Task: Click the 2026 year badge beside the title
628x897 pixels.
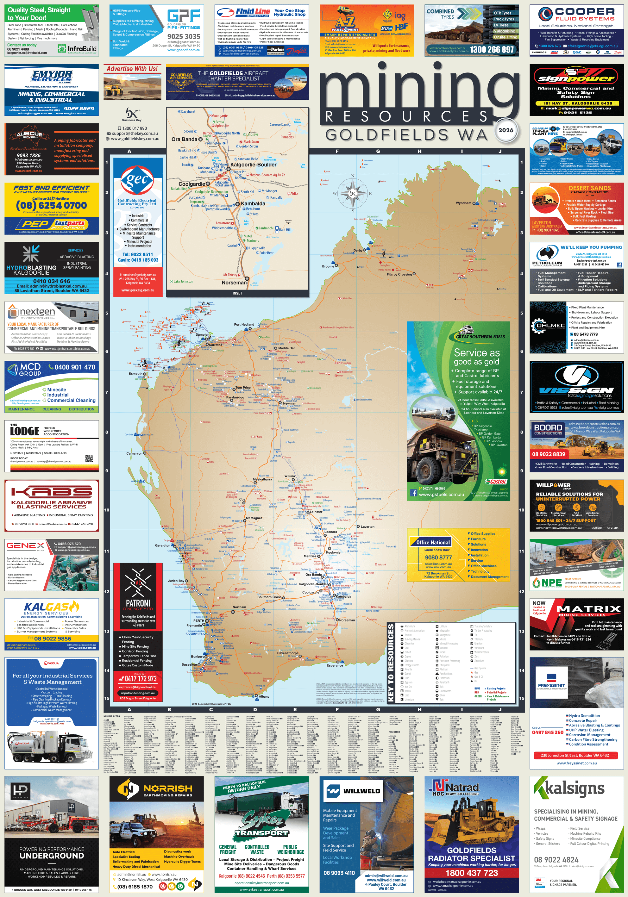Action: [506, 130]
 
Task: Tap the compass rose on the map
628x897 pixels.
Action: [353, 193]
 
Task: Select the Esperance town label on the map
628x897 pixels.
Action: [335, 665]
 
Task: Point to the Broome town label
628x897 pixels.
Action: [328, 266]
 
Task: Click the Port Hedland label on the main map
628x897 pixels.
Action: [244, 325]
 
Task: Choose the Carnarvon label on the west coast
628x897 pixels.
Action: [134, 454]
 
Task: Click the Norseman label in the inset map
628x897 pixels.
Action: [234, 283]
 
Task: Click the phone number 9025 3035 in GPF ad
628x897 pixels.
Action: [184, 36]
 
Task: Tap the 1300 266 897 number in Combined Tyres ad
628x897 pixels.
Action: [492, 50]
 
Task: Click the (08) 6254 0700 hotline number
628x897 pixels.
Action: [51, 205]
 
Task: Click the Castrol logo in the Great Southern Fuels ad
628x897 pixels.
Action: [496, 482]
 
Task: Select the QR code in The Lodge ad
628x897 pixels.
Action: [89, 458]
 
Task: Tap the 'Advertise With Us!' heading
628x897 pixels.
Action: [132, 69]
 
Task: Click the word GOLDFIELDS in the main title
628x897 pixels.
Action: [386, 135]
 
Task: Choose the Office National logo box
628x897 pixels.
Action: [433, 542]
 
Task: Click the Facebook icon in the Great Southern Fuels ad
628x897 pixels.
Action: [413, 493]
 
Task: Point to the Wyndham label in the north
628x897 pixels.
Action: [463, 203]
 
